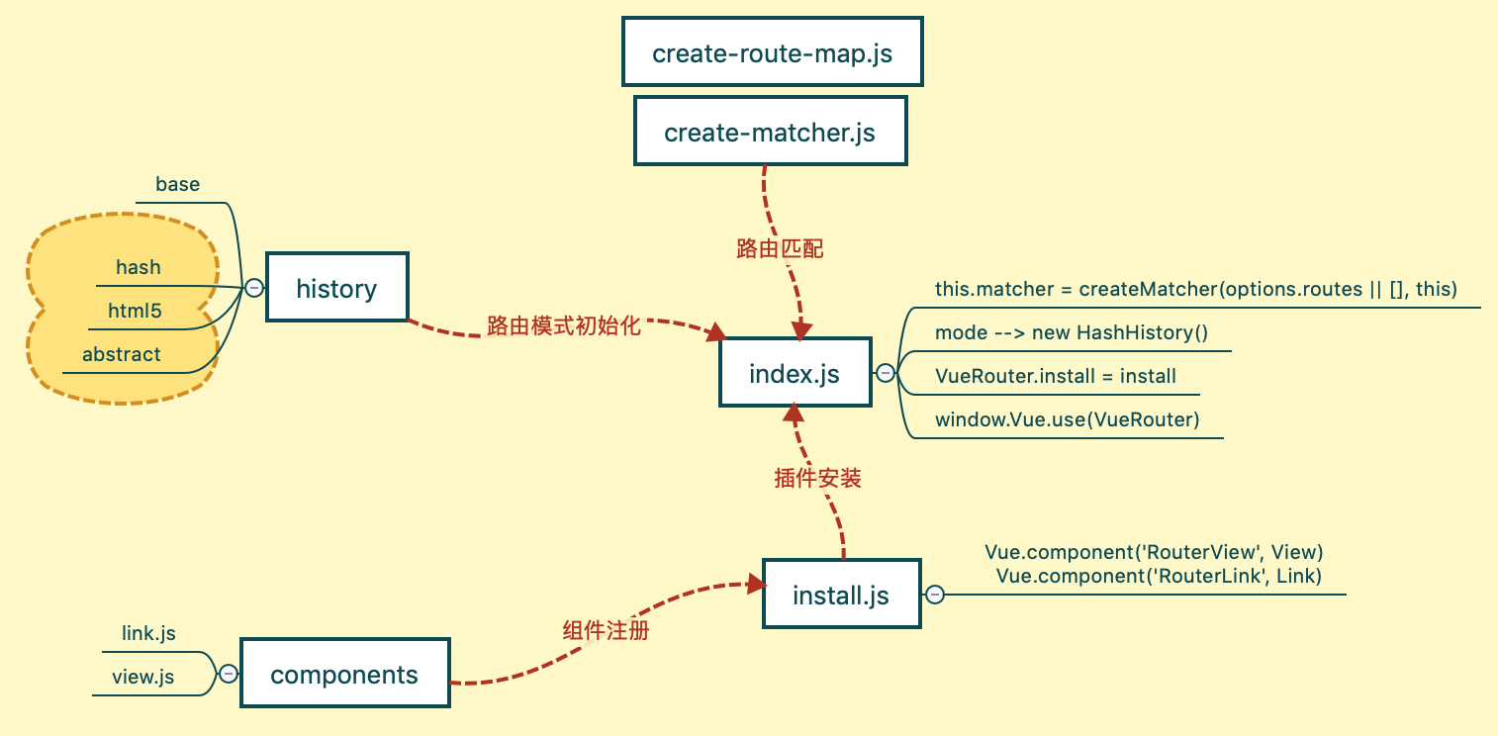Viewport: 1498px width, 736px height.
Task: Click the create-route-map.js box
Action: click(772, 52)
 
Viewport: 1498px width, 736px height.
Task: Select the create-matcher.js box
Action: click(770, 131)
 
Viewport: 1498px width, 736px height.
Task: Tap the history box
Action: click(336, 288)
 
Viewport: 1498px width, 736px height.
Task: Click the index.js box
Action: click(795, 373)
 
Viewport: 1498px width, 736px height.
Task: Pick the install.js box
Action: click(841, 595)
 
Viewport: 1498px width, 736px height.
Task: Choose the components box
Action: click(344, 674)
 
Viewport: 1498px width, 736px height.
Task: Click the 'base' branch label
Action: click(177, 184)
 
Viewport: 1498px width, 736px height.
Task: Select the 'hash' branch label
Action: click(138, 267)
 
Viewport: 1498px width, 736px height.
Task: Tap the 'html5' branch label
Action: click(135, 311)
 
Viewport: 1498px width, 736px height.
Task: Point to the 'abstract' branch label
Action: click(121, 354)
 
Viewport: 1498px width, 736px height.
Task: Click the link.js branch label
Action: click(148, 632)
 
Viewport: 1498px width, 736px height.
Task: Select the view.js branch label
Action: click(142, 677)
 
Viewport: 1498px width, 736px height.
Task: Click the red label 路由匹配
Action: click(780, 249)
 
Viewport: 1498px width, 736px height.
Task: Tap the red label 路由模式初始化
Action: click(564, 325)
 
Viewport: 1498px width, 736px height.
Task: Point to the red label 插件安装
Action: click(817, 479)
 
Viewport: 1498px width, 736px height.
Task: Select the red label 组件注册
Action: click(606, 629)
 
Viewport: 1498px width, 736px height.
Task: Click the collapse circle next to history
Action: click(254, 288)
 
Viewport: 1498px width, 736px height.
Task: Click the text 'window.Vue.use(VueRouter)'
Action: click(1067, 419)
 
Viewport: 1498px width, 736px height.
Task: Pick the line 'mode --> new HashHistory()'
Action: click(1071, 332)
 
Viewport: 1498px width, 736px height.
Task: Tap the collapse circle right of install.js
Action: click(934, 595)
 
